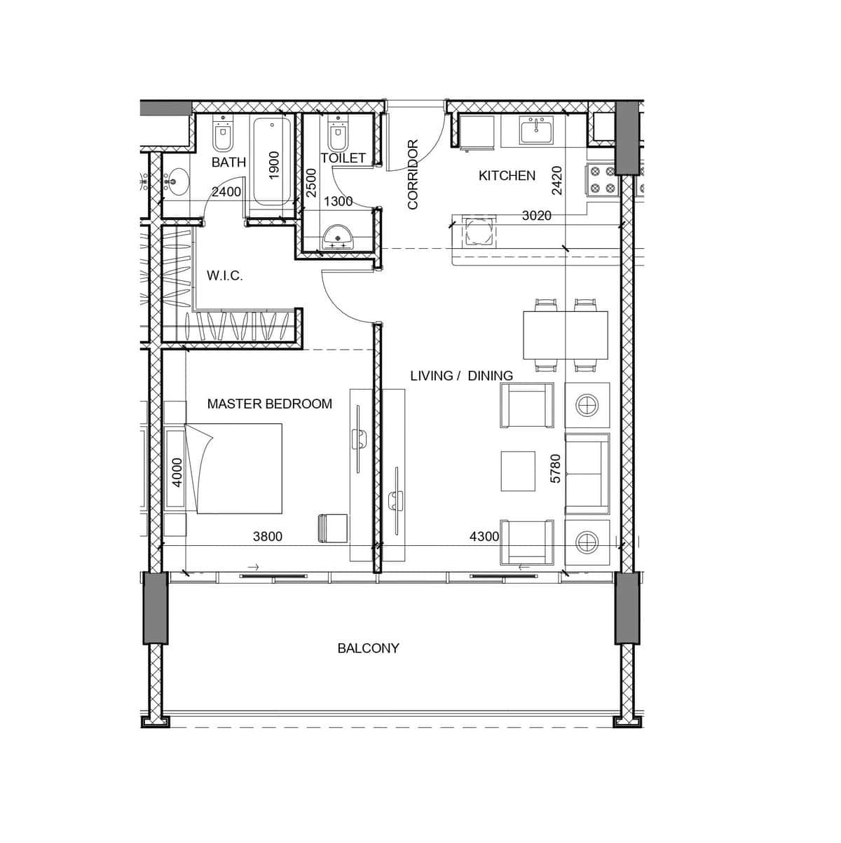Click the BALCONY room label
(x=368, y=648)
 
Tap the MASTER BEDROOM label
(x=270, y=404)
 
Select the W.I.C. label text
(x=224, y=275)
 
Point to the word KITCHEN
(x=507, y=175)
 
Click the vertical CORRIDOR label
(x=413, y=174)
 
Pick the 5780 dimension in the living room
(x=555, y=469)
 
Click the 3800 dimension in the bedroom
(x=268, y=536)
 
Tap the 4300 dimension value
(x=484, y=536)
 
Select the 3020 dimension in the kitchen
(x=537, y=216)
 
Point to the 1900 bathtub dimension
(x=274, y=165)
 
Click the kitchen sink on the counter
(x=536, y=130)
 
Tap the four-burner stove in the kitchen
(x=603, y=179)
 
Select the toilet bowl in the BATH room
(x=223, y=134)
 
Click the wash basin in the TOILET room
(x=337, y=236)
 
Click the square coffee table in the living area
(x=518, y=471)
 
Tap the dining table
(x=566, y=335)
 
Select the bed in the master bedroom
(x=233, y=469)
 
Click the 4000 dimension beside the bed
(x=177, y=472)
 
